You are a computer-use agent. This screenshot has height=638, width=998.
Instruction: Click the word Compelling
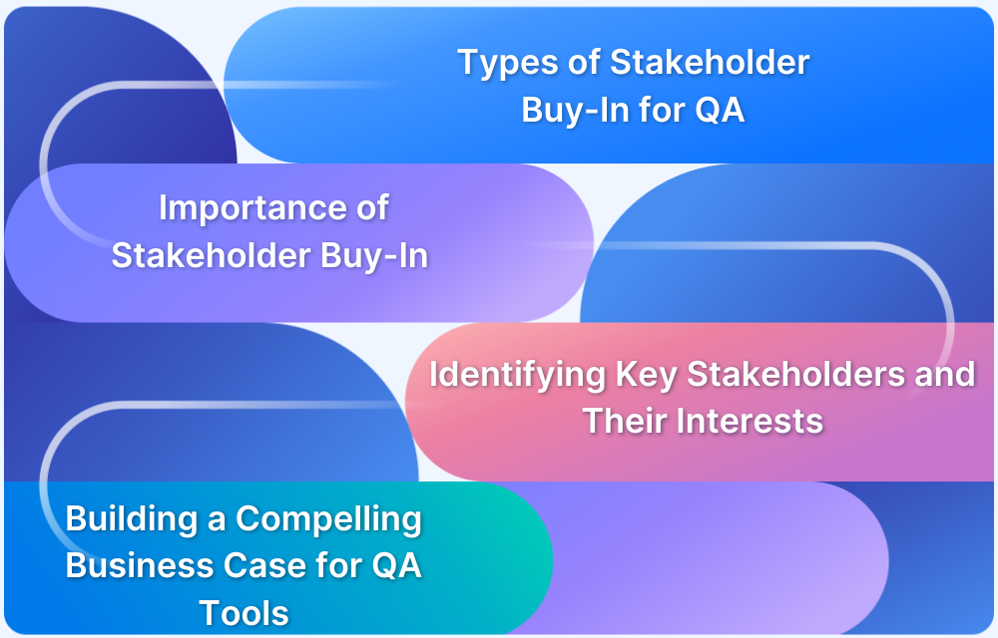(x=328, y=519)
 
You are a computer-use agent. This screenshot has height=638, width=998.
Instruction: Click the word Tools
(x=244, y=612)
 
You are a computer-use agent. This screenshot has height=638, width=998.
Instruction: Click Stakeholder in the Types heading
(x=710, y=64)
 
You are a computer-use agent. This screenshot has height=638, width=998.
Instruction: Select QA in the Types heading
(x=720, y=110)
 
